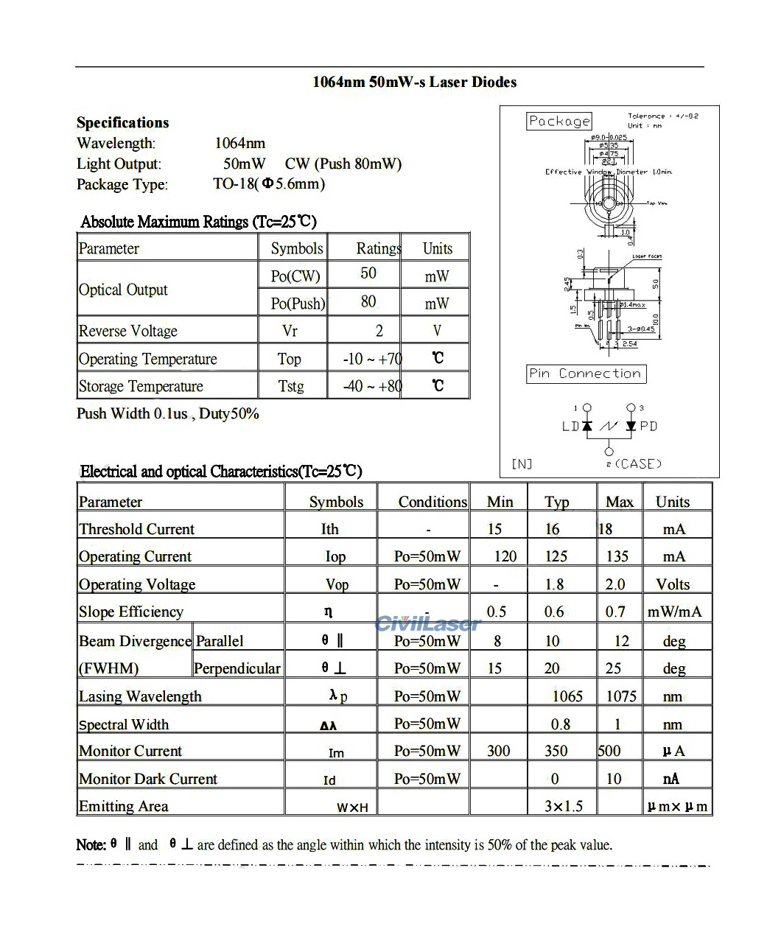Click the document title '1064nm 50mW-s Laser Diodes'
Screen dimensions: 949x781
click(x=414, y=82)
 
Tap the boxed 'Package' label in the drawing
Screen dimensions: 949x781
click(x=559, y=121)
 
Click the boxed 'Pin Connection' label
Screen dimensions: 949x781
click(x=586, y=374)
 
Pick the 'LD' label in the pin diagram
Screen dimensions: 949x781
click(x=570, y=426)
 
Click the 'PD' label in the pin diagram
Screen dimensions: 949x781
click(x=648, y=426)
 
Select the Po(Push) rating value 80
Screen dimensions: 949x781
click(x=368, y=301)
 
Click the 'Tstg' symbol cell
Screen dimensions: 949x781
click(x=291, y=386)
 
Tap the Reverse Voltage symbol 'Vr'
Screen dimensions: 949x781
click(x=290, y=331)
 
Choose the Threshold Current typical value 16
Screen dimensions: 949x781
click(x=553, y=529)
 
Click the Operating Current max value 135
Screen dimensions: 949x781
click(x=617, y=556)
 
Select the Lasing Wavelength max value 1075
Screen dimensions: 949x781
click(x=621, y=696)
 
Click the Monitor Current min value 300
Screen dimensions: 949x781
click(x=499, y=751)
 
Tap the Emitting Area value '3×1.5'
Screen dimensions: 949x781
click(x=564, y=806)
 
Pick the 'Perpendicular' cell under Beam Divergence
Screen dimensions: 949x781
click(x=237, y=668)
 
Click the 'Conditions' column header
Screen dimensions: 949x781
click(x=432, y=502)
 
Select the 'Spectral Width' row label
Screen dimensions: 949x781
click(x=124, y=724)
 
